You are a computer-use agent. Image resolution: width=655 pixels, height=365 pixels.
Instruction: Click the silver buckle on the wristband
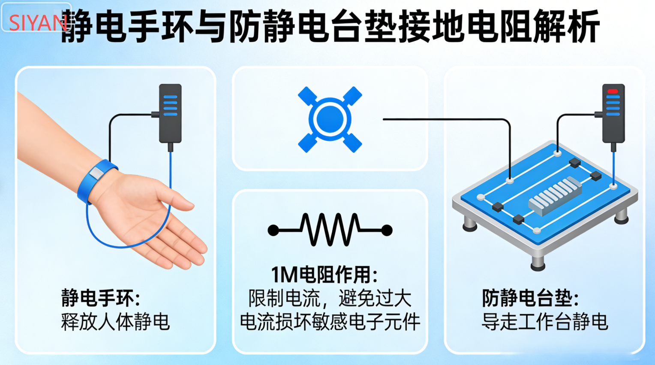pyautogui.click(x=96, y=173)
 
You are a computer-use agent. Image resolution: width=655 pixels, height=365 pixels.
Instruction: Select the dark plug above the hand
pyautogui.click(x=170, y=114)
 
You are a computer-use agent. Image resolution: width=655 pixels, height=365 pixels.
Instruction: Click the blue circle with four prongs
pyautogui.click(x=330, y=119)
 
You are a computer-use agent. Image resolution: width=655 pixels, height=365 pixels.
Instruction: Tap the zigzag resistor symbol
pyautogui.click(x=330, y=230)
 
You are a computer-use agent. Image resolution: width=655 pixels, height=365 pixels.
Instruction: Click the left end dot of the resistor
pyautogui.click(x=273, y=231)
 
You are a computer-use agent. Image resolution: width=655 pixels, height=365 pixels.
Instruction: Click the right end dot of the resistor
pyautogui.click(x=387, y=231)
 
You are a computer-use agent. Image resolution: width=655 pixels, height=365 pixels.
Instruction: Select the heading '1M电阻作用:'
pyautogui.click(x=324, y=275)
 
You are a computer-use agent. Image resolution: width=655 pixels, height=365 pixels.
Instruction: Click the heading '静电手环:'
pyautogui.click(x=101, y=298)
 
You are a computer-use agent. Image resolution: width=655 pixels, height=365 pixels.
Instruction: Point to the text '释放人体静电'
pyautogui.click(x=115, y=322)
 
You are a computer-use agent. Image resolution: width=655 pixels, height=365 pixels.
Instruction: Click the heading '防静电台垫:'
pyautogui.click(x=530, y=298)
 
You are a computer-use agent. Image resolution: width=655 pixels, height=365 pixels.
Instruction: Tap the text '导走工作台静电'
pyautogui.click(x=544, y=322)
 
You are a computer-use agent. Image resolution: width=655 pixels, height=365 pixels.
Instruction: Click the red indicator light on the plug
pyautogui.click(x=613, y=91)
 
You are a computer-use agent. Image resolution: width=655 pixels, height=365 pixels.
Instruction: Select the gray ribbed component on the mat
pyautogui.click(x=555, y=196)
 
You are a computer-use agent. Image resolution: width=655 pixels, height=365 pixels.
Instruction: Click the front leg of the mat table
pyautogui.click(x=538, y=262)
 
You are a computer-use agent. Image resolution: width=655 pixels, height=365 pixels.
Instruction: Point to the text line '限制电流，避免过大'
pyautogui.click(x=330, y=298)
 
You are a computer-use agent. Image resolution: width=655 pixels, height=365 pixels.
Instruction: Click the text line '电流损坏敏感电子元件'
pyautogui.click(x=330, y=322)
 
